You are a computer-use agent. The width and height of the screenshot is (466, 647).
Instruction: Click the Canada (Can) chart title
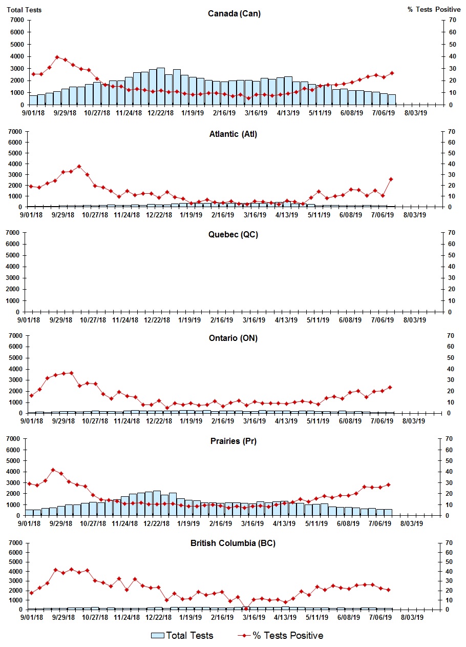tap(234, 13)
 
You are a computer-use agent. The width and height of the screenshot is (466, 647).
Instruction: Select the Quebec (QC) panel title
tap(233, 235)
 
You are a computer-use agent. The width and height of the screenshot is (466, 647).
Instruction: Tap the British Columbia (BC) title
tap(233, 543)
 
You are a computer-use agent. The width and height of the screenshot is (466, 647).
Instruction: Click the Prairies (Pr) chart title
tap(233, 441)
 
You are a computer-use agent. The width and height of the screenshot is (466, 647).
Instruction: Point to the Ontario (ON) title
tap(233, 338)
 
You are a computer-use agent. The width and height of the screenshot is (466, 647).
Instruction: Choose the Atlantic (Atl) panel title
tap(233, 134)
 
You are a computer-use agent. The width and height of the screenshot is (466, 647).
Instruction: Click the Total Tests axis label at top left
tap(24, 10)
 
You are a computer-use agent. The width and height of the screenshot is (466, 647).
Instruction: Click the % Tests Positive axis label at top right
tap(434, 10)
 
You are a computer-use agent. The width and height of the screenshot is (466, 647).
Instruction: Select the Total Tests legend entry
tap(182, 636)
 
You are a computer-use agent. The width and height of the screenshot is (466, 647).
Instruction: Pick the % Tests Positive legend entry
tap(281, 636)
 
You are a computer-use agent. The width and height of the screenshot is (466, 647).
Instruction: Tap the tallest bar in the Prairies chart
tap(157, 503)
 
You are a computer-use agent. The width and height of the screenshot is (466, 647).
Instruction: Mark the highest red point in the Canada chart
tap(57, 57)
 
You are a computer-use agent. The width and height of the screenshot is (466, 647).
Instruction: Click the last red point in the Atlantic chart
tap(391, 179)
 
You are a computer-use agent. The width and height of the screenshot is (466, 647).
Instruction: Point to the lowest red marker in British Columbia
tap(246, 609)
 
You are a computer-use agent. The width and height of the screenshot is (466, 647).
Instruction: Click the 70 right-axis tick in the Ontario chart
tap(451, 335)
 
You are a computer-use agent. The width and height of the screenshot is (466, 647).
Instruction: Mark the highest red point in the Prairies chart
tap(53, 470)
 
